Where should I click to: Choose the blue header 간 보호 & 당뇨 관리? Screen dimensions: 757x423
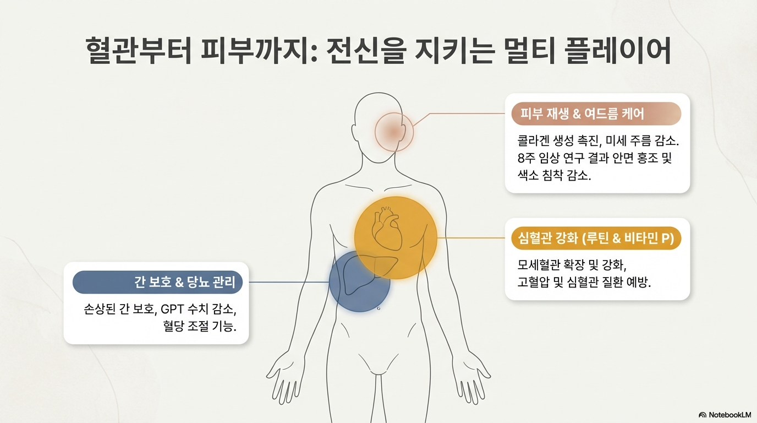tap(161, 283)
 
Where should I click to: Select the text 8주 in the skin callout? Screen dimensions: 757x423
tap(526, 159)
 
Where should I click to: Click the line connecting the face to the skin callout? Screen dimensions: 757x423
tap(462, 114)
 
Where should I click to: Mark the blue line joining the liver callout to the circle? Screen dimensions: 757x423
tap(289, 283)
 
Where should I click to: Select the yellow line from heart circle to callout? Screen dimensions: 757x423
tap(470, 238)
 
